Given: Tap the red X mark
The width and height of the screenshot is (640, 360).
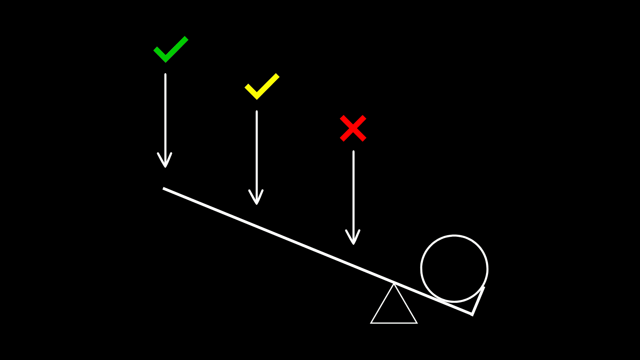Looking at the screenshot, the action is [353, 128].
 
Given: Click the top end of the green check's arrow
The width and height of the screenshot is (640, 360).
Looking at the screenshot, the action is [165, 74].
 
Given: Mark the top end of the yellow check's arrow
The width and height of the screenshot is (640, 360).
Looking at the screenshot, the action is [257, 112].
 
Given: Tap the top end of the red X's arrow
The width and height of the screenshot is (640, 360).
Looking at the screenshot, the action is [353, 152].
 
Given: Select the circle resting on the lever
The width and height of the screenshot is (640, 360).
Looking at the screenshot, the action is [454, 268].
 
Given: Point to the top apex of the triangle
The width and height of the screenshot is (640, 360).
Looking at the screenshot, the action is [394, 284].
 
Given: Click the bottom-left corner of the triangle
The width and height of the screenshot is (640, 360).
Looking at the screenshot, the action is [372, 322].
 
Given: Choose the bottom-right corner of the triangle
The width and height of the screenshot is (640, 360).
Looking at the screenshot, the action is [416, 322].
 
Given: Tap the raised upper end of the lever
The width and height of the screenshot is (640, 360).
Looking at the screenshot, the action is [164, 188].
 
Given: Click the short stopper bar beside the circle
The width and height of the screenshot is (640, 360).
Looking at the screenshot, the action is [478, 300].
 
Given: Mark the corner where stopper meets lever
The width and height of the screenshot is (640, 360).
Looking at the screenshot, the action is [472, 314].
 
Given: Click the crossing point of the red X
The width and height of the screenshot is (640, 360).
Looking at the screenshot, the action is [353, 128].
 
